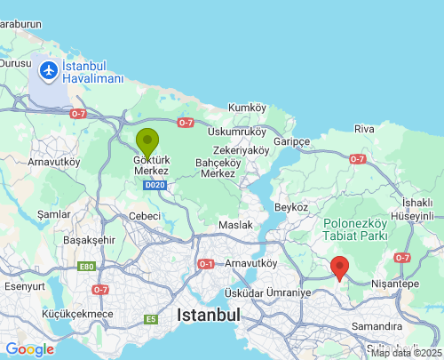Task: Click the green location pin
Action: point(147,142)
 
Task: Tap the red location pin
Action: point(339,267)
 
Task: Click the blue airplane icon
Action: point(48,69)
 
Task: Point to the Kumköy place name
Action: point(247,108)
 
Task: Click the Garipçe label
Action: point(291,142)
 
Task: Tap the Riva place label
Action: point(364,129)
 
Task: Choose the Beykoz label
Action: point(291,206)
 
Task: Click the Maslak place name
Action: point(236,224)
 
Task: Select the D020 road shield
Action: point(155,185)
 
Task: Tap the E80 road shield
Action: point(86,267)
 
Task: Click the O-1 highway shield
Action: point(206,264)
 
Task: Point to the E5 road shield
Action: point(152,318)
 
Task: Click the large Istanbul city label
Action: point(209,315)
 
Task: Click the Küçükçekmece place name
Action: point(78,314)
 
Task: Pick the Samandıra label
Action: point(377,326)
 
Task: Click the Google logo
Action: point(29,349)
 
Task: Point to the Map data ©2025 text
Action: point(406,353)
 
